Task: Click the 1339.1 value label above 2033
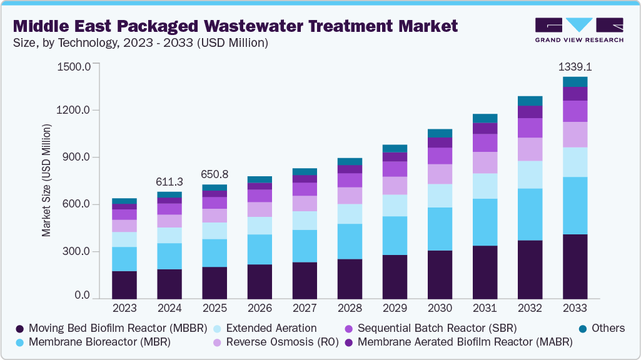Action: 575,66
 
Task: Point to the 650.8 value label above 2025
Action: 215,174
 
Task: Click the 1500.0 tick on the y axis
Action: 74,66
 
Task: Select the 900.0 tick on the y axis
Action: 76,157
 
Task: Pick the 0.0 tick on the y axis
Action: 82,296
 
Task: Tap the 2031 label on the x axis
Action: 485,307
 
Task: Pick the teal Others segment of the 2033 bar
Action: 575,82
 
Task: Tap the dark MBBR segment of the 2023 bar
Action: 124,284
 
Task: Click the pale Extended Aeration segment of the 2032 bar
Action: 530,174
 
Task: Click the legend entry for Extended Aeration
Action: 269,328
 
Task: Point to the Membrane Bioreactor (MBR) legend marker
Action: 21,342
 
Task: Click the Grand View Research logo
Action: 578,29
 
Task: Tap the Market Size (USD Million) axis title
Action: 46,181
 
